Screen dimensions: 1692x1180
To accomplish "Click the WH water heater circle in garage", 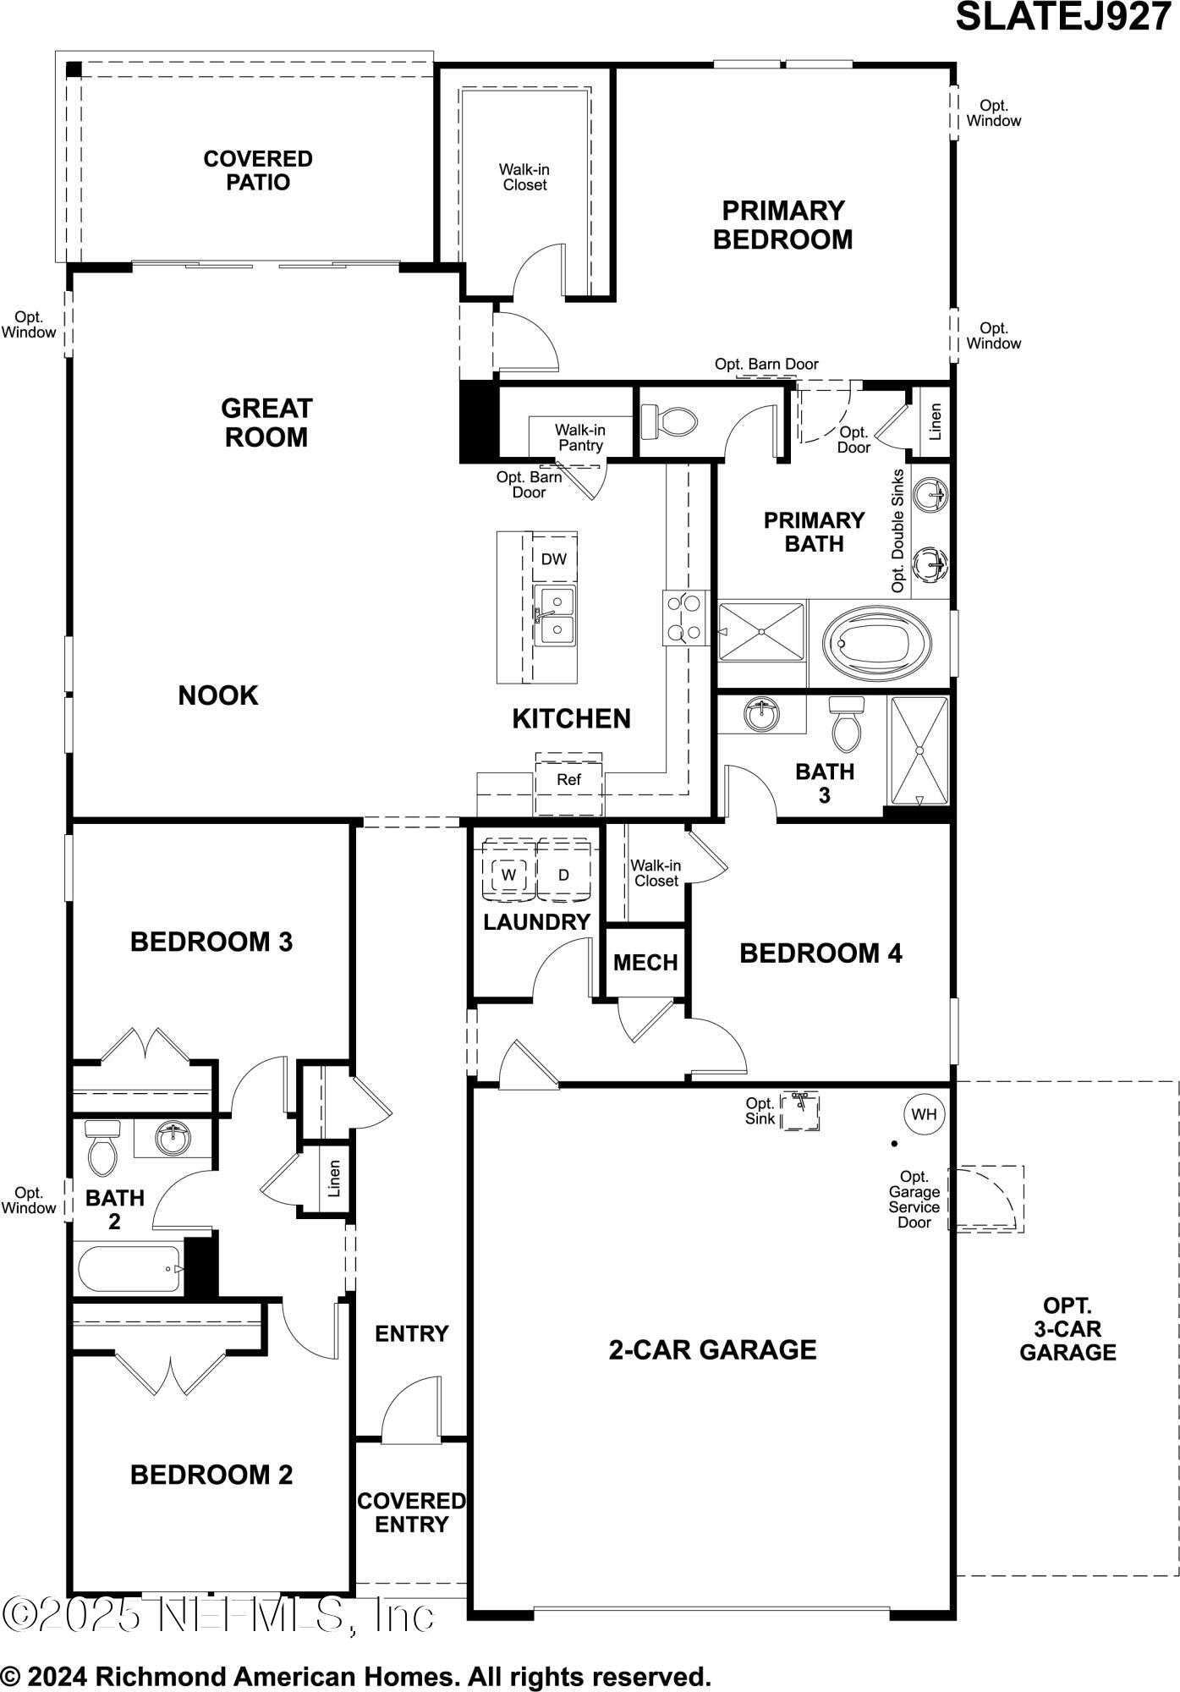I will click(x=924, y=1114).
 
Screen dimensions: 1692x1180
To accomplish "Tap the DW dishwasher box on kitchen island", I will click(x=554, y=558).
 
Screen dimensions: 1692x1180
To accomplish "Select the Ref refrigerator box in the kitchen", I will click(x=568, y=780).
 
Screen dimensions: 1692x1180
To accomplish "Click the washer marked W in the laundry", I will click(x=508, y=875).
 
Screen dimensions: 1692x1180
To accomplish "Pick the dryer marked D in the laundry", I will click(x=563, y=875).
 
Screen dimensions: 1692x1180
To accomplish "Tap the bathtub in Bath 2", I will click(x=129, y=1269).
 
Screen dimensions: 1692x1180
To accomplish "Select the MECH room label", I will click(x=645, y=963).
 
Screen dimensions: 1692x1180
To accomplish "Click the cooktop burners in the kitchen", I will click(x=684, y=618).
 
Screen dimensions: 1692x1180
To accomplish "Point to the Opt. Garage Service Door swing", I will click(x=984, y=1198).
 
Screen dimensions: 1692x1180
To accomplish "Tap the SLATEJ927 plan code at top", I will click(x=1062, y=17).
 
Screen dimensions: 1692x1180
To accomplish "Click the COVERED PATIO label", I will click(x=258, y=170).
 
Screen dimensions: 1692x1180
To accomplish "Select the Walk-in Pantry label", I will click(x=580, y=437).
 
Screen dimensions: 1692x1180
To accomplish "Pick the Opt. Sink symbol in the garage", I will click(x=799, y=1111).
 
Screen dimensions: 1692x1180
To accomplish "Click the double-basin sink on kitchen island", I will click(x=554, y=615).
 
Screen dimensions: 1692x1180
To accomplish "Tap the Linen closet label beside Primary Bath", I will click(x=935, y=421).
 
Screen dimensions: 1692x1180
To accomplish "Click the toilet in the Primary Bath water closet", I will click(x=668, y=421).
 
